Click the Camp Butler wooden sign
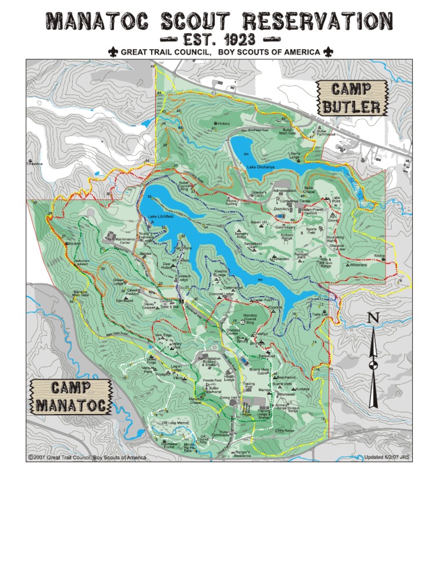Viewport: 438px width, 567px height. (x=351, y=98)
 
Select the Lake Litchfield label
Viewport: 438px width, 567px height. (x=160, y=217)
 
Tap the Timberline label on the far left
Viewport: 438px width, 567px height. (x=35, y=164)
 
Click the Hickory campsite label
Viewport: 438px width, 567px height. (x=222, y=123)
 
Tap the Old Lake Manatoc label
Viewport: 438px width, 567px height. (x=175, y=423)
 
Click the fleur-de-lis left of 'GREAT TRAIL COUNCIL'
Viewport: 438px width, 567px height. (x=113, y=52)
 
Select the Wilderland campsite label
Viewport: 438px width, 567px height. (x=358, y=265)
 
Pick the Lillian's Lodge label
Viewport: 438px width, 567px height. (x=294, y=156)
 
